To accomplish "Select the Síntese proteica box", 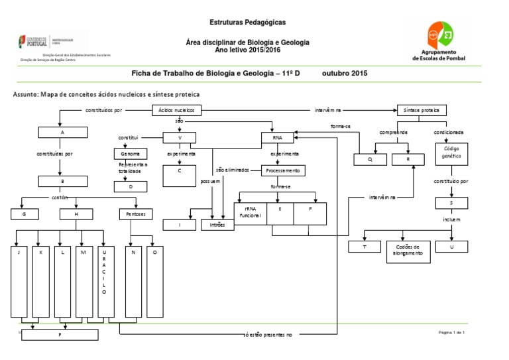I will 421,110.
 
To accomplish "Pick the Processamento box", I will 283,170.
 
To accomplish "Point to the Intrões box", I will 217,225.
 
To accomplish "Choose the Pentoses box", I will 136,213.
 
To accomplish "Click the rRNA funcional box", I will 251,211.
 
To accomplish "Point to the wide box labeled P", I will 60,335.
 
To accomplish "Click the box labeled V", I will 180,138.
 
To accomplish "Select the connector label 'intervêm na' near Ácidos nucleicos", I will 327,110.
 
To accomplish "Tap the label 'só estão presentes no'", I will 268,335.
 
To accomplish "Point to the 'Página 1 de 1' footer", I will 452,331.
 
